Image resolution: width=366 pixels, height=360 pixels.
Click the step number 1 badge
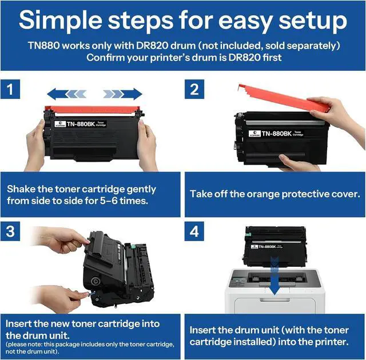(x=10, y=89)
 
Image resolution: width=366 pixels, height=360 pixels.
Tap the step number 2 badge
(x=194, y=89)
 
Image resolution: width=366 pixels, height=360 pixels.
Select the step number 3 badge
(x=10, y=231)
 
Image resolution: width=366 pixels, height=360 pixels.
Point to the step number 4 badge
(x=194, y=231)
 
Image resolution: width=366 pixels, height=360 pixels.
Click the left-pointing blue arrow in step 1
(x=67, y=94)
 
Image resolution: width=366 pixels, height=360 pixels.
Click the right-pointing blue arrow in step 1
(x=123, y=94)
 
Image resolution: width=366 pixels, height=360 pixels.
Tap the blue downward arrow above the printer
(x=274, y=277)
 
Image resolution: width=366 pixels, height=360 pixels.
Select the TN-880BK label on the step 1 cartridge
(x=81, y=124)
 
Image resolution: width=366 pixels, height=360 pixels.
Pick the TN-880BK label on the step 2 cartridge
(x=276, y=134)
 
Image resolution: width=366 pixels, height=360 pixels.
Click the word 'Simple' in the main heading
(x=61, y=21)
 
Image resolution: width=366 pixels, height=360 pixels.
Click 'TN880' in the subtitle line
(x=44, y=46)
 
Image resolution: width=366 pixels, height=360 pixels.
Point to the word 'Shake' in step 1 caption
(x=21, y=189)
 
